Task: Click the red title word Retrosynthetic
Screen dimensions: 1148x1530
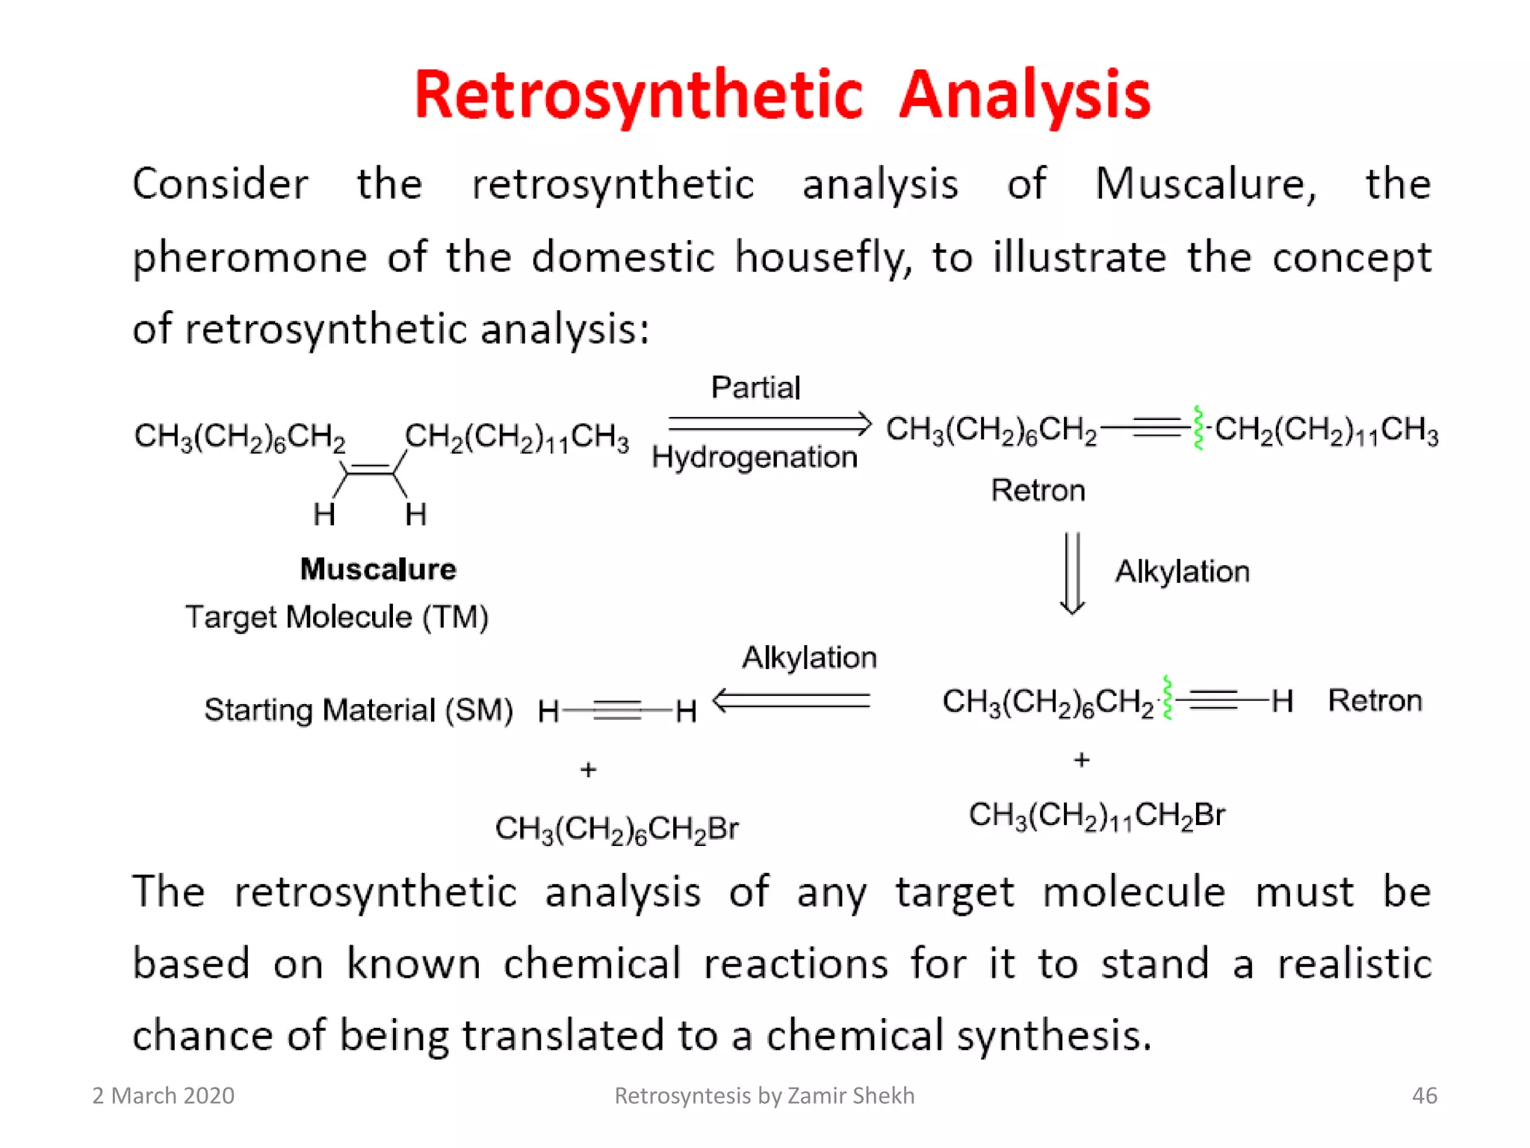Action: click(x=639, y=96)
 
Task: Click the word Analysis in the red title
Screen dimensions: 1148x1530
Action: click(x=1024, y=96)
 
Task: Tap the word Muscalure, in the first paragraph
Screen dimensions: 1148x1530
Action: click(x=1205, y=184)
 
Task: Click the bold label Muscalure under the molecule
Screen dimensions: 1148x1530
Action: click(x=378, y=570)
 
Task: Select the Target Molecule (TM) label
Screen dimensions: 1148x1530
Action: click(x=337, y=617)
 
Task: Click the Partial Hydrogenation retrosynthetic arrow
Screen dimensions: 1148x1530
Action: click(x=769, y=424)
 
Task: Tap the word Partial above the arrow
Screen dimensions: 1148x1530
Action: click(x=755, y=388)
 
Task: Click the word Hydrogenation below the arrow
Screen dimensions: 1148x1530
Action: click(x=755, y=457)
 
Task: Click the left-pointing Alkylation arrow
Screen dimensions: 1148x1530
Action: click(x=792, y=700)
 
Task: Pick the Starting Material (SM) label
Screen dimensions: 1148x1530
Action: click(x=359, y=710)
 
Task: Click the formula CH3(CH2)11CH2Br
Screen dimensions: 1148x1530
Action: click(x=1097, y=815)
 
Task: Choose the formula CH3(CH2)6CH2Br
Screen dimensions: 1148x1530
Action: click(x=616, y=829)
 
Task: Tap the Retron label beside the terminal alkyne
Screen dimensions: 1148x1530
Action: click(x=1375, y=701)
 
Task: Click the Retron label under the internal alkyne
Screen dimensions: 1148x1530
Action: click(x=1038, y=491)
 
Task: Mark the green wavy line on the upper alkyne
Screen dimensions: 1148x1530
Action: click(x=1198, y=428)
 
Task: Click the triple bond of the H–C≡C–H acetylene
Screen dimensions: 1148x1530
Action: click(x=617, y=710)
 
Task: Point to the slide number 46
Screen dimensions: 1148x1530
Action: click(x=1424, y=1096)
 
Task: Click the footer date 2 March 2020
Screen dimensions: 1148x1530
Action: click(x=164, y=1096)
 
